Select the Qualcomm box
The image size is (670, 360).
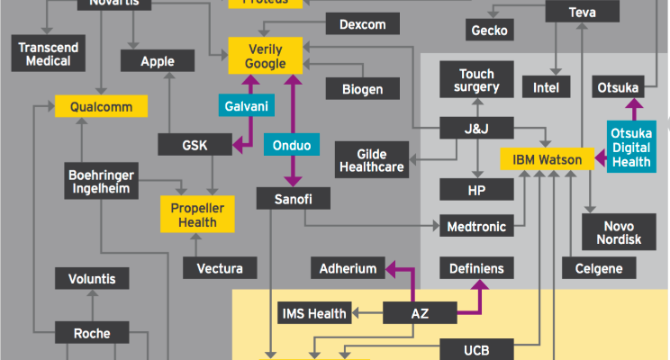click(101, 107)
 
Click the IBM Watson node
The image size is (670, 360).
click(548, 160)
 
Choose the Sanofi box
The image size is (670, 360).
click(290, 198)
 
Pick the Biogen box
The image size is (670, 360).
click(362, 89)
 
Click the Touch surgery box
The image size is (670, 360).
click(476, 81)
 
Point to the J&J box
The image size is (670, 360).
click(476, 129)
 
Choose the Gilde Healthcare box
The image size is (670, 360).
click(371, 157)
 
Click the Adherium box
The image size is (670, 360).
click(348, 267)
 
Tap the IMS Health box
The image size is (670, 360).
click(314, 313)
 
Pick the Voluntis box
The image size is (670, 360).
click(92, 279)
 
